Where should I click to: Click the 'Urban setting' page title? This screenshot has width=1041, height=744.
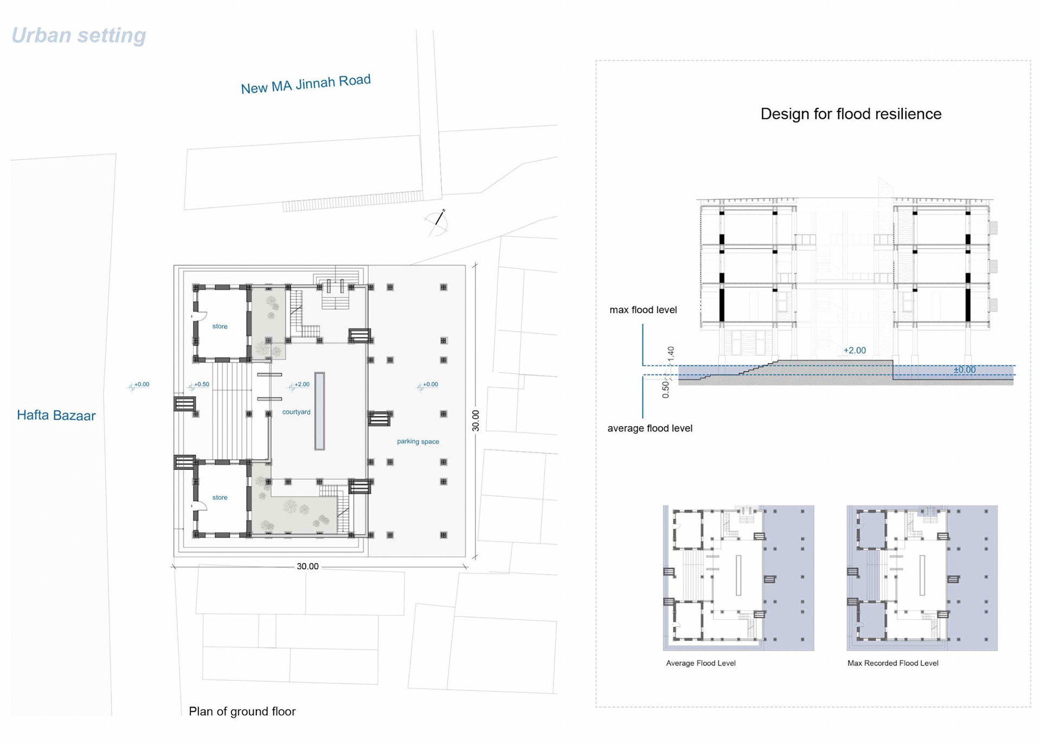pyautogui.click(x=79, y=36)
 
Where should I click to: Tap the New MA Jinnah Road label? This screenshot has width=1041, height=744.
pyautogui.click(x=306, y=84)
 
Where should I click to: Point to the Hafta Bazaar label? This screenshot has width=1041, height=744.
pyautogui.click(x=56, y=416)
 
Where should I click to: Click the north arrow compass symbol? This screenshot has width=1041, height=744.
pyautogui.click(x=437, y=222)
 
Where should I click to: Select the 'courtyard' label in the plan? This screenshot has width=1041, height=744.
pyautogui.click(x=296, y=412)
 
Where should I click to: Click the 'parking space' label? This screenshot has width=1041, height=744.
pyautogui.click(x=418, y=442)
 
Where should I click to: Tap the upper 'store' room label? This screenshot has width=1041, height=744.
pyautogui.click(x=220, y=327)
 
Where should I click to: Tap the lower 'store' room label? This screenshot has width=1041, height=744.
pyautogui.click(x=220, y=498)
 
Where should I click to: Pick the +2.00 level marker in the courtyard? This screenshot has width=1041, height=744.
pyautogui.click(x=299, y=385)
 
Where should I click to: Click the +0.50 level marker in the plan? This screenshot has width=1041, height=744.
pyautogui.click(x=198, y=385)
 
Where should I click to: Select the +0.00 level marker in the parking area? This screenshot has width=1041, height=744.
pyautogui.click(x=427, y=385)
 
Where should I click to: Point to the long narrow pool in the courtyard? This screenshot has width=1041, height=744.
pyautogui.click(x=320, y=411)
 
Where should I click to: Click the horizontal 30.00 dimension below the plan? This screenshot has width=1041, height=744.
pyautogui.click(x=307, y=567)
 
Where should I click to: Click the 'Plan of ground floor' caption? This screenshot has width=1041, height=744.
pyautogui.click(x=242, y=711)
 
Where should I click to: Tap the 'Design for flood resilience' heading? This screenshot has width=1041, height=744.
pyautogui.click(x=851, y=114)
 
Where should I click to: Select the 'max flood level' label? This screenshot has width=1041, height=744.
pyautogui.click(x=643, y=310)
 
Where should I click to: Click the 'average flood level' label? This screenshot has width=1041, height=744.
pyautogui.click(x=650, y=428)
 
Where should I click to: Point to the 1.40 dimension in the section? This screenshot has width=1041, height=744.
pyautogui.click(x=671, y=354)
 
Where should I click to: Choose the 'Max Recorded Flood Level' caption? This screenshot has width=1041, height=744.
pyautogui.click(x=893, y=663)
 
